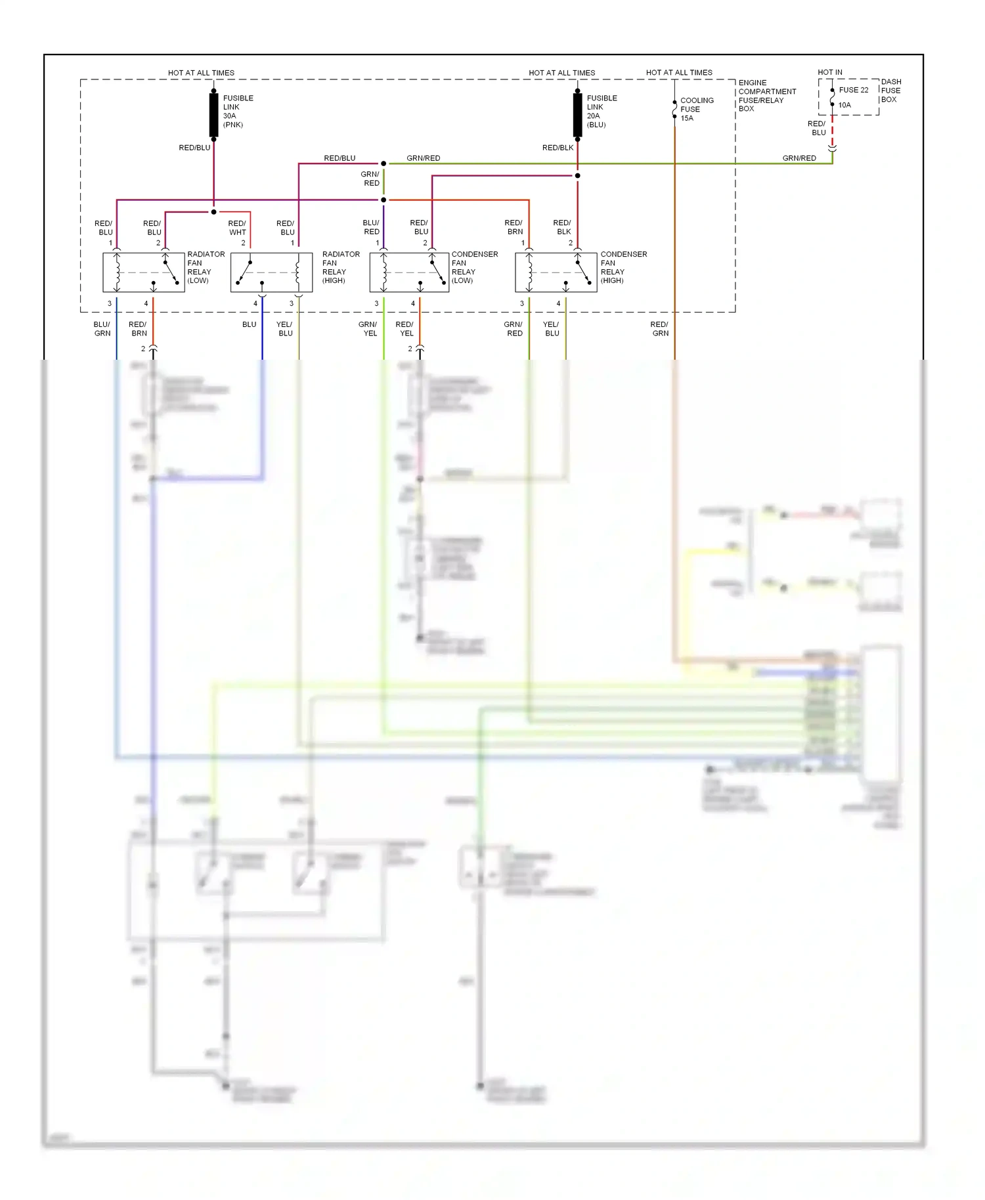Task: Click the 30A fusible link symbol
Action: click(214, 115)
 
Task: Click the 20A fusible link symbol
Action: click(578, 115)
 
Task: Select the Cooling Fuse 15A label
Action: click(696, 109)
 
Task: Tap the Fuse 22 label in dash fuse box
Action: click(853, 90)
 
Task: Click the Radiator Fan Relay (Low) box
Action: click(144, 272)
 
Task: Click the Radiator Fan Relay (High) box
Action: click(271, 272)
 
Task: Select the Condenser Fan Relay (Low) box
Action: click(409, 272)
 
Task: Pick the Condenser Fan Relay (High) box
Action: click(556, 272)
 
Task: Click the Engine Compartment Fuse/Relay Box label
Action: click(766, 96)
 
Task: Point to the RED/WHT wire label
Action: click(237, 228)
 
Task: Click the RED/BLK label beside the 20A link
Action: click(558, 148)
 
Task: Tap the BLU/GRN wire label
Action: click(102, 329)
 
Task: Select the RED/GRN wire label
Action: click(660, 329)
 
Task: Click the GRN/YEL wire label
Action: click(368, 329)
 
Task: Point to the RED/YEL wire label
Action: click(405, 329)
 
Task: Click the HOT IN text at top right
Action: click(829, 72)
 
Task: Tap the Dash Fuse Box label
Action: click(890, 91)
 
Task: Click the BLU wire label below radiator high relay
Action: click(250, 324)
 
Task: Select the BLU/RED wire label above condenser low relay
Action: click(371, 227)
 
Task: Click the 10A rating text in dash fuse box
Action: click(844, 105)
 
